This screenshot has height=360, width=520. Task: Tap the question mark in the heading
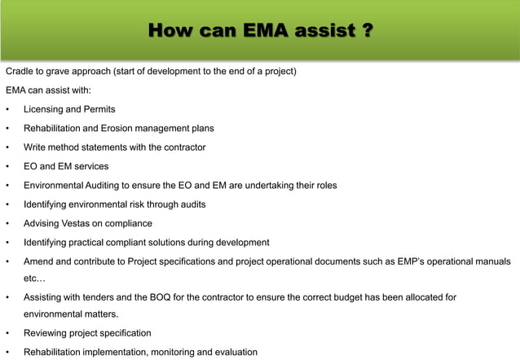point(367,32)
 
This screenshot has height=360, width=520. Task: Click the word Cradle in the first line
point(21,71)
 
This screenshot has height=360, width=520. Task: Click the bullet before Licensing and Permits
point(7,109)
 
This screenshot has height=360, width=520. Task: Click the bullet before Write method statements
point(7,147)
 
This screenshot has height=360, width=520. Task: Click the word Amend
point(39,261)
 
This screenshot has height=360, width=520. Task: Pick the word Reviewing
point(47,333)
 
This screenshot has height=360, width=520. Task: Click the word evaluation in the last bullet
point(233,352)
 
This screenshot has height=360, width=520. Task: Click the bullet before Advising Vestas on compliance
point(7,223)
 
